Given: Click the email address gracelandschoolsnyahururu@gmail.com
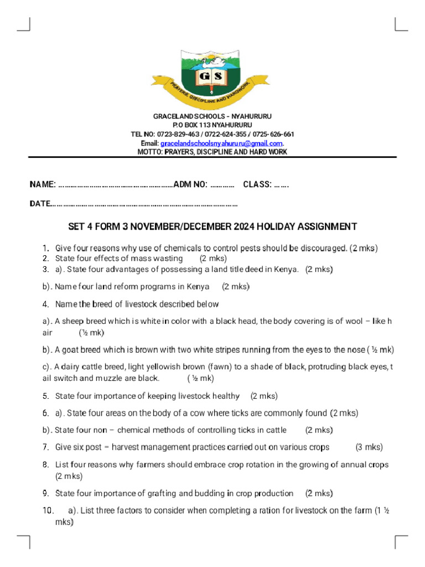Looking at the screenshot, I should pyautogui.click(x=221, y=143).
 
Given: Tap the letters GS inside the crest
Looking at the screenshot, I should pyautogui.click(x=212, y=75).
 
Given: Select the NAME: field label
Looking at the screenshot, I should pyautogui.click(x=42, y=184).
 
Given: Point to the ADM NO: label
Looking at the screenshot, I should pyautogui.click(x=190, y=184).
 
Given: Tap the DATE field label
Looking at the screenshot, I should pyautogui.click(x=40, y=204).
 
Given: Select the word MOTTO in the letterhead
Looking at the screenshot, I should pyautogui.click(x=149, y=152).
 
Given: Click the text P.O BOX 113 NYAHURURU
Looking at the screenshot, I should pyautogui.click(x=212, y=126).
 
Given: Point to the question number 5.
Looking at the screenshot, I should pyautogui.click(x=45, y=396).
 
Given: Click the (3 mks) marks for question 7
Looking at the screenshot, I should pyautogui.click(x=369, y=447).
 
